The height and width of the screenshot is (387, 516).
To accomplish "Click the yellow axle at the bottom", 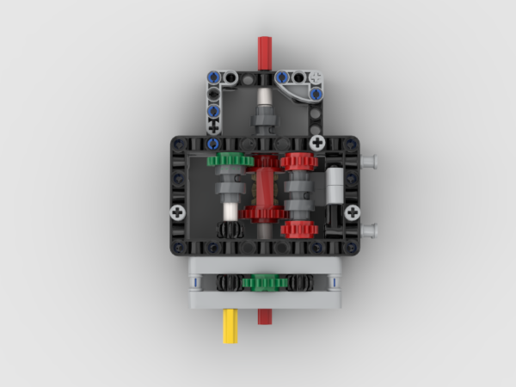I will point(230,327).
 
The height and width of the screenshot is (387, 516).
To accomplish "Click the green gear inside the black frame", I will point(230,160).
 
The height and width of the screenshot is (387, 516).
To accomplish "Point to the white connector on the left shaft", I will point(230,212).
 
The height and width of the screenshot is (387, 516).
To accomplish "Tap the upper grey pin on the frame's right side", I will point(370,159).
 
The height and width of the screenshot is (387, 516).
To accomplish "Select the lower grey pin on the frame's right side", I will point(370,230).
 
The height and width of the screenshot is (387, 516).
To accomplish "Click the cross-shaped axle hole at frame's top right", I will point(318,142).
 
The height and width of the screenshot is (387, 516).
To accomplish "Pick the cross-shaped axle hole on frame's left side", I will point(178,212).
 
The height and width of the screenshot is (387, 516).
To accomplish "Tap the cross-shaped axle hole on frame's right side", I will point(352,212).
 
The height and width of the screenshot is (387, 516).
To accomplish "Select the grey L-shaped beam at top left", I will point(214,95).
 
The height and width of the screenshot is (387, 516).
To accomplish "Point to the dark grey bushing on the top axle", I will point(264,114).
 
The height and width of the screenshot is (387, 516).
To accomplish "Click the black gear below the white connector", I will point(230,230).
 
